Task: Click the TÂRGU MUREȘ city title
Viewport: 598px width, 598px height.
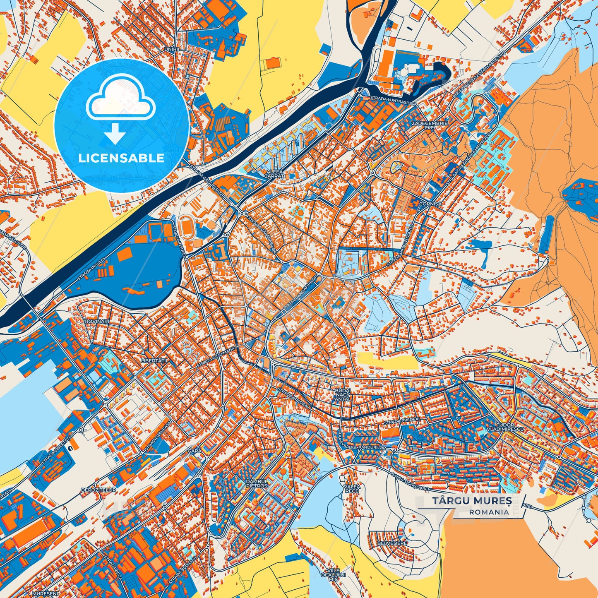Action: [472, 501]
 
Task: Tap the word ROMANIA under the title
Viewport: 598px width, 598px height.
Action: [489, 512]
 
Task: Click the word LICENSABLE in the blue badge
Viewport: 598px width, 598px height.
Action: [122, 158]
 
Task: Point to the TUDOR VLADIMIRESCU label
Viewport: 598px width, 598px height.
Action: [505, 427]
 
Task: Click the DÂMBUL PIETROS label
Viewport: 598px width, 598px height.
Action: [257, 483]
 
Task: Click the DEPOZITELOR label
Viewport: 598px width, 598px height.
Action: [99, 490]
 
